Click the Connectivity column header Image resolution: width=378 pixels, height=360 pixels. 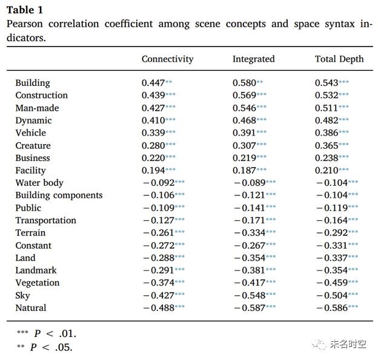(168, 59)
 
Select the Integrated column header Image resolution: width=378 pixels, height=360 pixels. (254, 59)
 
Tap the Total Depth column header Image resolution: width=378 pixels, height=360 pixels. (339, 59)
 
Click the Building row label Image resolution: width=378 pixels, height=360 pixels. (33, 83)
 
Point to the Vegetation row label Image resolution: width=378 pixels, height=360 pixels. (38, 283)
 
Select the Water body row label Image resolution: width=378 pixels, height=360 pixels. (39, 183)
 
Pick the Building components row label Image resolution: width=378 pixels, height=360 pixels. (59, 195)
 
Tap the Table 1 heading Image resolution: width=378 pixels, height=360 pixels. (25, 10)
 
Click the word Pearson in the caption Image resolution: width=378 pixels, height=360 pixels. (25, 24)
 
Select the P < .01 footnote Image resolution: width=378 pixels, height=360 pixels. (47, 333)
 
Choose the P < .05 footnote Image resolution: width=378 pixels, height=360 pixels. (45, 347)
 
